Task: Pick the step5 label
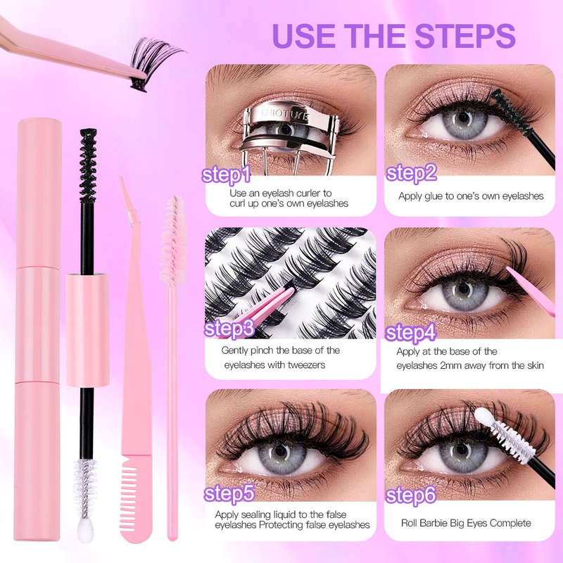tap(229, 493)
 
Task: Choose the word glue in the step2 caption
tap(438, 196)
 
